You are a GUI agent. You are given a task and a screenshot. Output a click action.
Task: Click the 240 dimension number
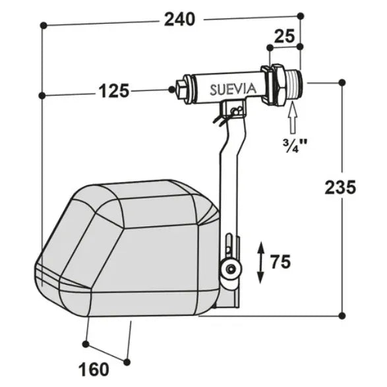pyautogui.click(x=179, y=20)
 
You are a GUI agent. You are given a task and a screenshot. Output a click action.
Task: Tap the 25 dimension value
pyautogui.click(x=284, y=36)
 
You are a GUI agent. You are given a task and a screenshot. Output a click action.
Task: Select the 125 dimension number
pyautogui.click(x=114, y=90)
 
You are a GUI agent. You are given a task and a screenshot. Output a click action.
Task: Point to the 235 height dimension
pyautogui.click(x=340, y=187)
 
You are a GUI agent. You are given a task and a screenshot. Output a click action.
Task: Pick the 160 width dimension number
pyautogui.click(x=94, y=370)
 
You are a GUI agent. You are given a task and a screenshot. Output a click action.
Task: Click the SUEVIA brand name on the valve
pyautogui.click(x=233, y=89)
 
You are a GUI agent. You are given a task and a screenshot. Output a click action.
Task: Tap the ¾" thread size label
pyautogui.click(x=295, y=146)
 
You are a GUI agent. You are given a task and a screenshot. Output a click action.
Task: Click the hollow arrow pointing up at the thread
pyautogui.click(x=293, y=119)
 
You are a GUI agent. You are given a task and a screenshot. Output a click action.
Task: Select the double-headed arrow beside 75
pyautogui.click(x=260, y=262)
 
